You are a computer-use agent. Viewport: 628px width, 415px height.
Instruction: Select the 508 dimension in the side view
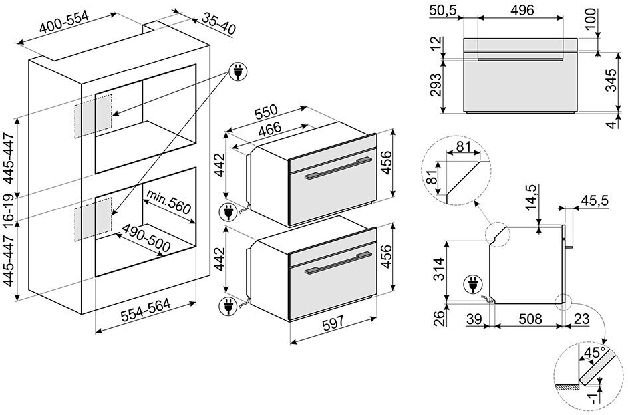tap(530, 319)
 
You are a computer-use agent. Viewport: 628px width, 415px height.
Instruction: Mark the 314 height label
tap(437, 268)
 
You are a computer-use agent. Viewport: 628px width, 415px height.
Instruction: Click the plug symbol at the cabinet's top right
tap(236, 71)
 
